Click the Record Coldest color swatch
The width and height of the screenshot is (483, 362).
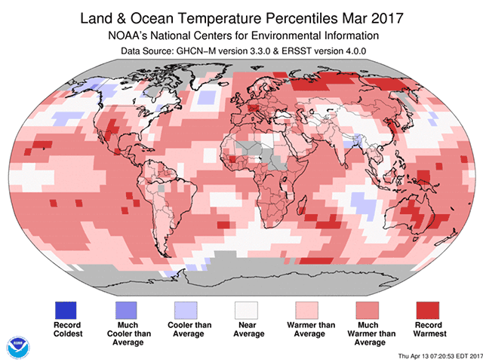click(x=66, y=309)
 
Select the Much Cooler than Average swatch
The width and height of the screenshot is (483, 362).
click(x=126, y=309)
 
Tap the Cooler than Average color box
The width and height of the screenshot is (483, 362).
click(x=186, y=309)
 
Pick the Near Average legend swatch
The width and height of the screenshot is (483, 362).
click(x=247, y=309)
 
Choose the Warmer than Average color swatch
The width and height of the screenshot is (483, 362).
click(x=307, y=309)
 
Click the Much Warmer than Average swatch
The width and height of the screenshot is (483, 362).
click(x=368, y=309)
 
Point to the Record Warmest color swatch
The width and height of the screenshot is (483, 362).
click(x=428, y=309)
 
